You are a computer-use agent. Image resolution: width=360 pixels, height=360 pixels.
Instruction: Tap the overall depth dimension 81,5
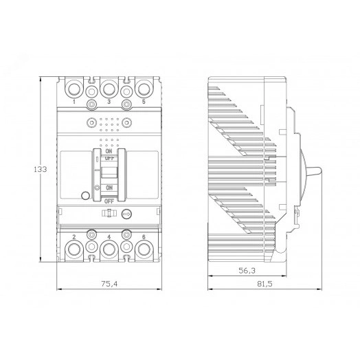[x=265, y=284]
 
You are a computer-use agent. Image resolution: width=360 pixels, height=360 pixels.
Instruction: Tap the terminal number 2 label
[x=74, y=236]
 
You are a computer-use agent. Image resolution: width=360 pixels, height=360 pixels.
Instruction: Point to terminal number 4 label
[x=109, y=236]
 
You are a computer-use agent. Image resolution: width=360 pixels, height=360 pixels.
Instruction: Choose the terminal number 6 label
[x=143, y=236]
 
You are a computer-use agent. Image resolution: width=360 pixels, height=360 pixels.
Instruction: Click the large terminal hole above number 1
[x=74, y=88]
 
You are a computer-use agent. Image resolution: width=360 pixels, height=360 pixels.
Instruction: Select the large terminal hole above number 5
[x=143, y=88]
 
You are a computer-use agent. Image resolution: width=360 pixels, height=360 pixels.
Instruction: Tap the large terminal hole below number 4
[x=109, y=249]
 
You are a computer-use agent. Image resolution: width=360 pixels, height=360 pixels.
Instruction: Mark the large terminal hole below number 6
[x=143, y=249]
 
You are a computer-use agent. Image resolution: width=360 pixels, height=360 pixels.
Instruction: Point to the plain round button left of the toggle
[x=85, y=195]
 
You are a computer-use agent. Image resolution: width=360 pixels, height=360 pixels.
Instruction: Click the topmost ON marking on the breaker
[x=109, y=150]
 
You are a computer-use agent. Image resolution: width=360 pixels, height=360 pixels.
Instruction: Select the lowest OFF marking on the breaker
[x=109, y=201]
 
